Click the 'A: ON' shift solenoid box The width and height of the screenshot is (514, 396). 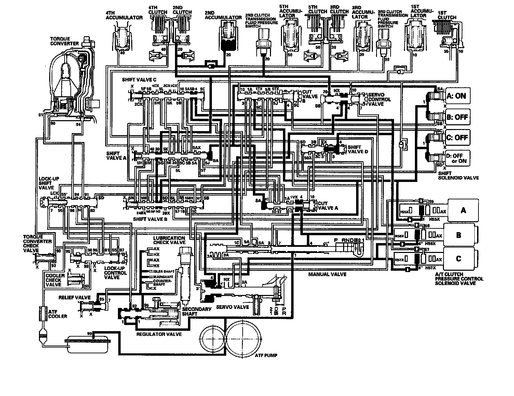(456, 96)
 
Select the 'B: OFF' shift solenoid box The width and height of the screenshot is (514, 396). (456, 117)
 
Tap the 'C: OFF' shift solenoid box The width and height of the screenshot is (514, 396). (456, 138)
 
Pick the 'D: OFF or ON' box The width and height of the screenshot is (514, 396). (456, 158)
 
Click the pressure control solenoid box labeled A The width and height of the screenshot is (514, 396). (463, 210)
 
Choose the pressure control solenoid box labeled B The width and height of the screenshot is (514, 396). (459, 235)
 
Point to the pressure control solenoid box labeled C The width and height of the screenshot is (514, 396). (459, 258)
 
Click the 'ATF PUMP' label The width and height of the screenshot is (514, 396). (266, 355)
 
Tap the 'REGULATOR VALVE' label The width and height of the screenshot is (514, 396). (159, 334)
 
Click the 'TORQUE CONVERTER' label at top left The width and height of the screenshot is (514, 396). (65, 41)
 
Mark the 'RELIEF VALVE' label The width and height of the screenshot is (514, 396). (74, 297)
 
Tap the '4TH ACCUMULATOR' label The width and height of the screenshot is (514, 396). (124, 15)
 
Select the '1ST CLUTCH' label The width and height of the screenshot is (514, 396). (447, 15)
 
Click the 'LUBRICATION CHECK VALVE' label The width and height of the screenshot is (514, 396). (169, 240)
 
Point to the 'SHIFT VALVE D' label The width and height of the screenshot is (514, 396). (358, 150)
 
